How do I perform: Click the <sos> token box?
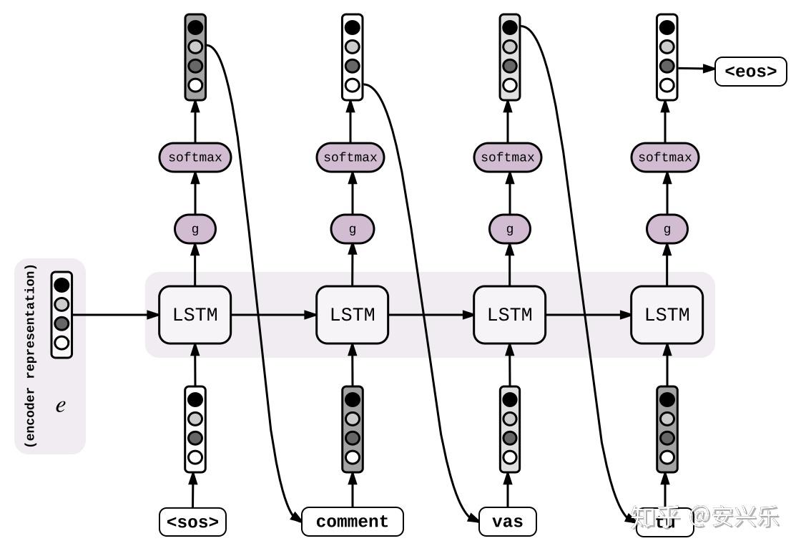click(192, 522)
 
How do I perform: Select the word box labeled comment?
click(352, 522)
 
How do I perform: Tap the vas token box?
click(508, 522)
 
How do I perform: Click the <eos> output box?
click(750, 72)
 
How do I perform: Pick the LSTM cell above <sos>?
click(195, 315)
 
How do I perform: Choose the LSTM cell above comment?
click(352, 315)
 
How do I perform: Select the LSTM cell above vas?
click(509, 315)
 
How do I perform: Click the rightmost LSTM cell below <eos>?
click(667, 315)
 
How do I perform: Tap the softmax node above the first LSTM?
click(195, 157)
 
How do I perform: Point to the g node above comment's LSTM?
click(352, 230)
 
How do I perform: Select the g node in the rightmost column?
click(667, 230)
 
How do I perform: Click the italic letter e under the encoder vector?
click(61, 406)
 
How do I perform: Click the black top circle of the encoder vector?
click(62, 285)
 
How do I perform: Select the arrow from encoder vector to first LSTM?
click(114, 315)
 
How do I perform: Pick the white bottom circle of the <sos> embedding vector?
click(195, 457)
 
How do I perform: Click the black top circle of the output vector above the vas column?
click(509, 28)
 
